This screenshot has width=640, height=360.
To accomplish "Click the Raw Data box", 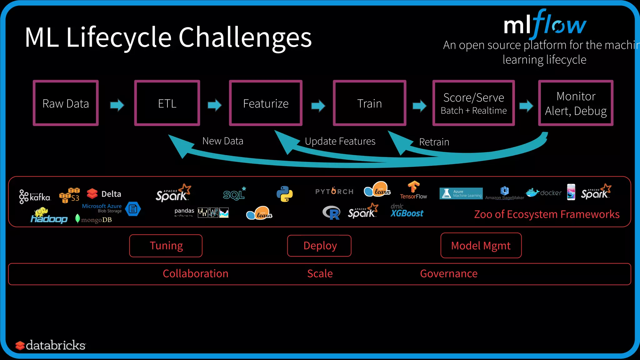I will [x=66, y=103].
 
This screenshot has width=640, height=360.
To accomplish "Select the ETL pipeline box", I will [x=167, y=103].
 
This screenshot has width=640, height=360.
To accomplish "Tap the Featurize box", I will [x=266, y=103].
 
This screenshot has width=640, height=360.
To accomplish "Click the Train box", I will [x=369, y=103].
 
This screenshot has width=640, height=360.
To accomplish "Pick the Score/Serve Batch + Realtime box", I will [x=473, y=103].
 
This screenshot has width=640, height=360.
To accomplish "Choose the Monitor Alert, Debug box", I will [x=576, y=103].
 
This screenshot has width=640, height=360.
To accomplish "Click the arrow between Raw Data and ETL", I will [x=117, y=105].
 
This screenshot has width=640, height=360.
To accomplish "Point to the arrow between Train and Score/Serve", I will [x=419, y=106].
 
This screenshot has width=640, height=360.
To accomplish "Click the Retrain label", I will [x=434, y=142].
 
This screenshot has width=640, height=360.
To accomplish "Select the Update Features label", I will [x=340, y=141].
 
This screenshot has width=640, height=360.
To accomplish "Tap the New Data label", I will [x=223, y=141].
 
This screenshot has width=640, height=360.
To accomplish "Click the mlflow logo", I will [x=545, y=24].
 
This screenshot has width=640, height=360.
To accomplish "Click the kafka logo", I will [x=35, y=197].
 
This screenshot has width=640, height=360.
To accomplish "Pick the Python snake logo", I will [x=284, y=194].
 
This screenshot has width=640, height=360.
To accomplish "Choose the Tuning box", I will [x=166, y=246].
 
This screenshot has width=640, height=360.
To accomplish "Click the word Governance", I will [x=449, y=274].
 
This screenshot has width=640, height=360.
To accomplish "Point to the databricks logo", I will [x=51, y=345].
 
